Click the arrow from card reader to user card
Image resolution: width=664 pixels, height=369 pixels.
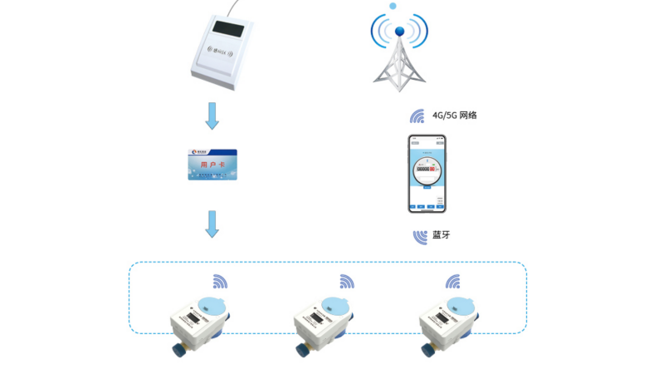(212, 116)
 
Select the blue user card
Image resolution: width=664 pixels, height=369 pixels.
(212, 165)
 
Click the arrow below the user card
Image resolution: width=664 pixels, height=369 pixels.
(212, 224)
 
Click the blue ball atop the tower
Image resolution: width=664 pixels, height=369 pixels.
(399, 32)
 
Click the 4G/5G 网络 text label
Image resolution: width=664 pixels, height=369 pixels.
(454, 116)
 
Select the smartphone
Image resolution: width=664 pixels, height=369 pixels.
(427, 173)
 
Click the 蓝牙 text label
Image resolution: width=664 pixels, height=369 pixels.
(442, 236)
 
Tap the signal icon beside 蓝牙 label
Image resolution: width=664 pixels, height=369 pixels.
(421, 236)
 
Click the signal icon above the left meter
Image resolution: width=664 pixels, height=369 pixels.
(220, 282)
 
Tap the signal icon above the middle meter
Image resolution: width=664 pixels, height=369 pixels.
(345, 282)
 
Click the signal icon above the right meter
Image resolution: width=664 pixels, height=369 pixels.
(452, 282)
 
